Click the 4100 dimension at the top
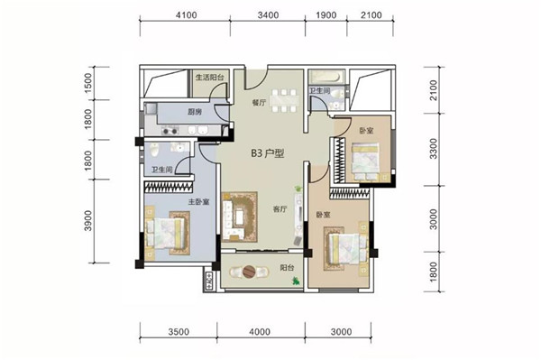[x=187, y=15]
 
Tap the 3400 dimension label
[x=268, y=15]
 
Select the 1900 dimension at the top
[x=326, y=15]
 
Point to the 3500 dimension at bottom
[x=179, y=332]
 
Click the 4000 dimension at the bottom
[x=260, y=332]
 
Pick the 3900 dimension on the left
[x=88, y=220]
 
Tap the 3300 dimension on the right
[x=434, y=149]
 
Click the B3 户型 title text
[x=268, y=153]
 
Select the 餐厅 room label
[x=259, y=103]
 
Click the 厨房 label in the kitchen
[x=195, y=112]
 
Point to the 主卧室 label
[x=198, y=202]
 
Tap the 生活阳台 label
[x=210, y=78]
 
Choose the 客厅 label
[x=280, y=209]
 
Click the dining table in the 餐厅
[x=284, y=101]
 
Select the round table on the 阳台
[x=249, y=272]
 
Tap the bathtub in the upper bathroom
[x=326, y=77]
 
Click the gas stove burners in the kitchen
[x=170, y=131]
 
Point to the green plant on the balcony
[x=296, y=282]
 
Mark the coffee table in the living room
[x=240, y=217]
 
